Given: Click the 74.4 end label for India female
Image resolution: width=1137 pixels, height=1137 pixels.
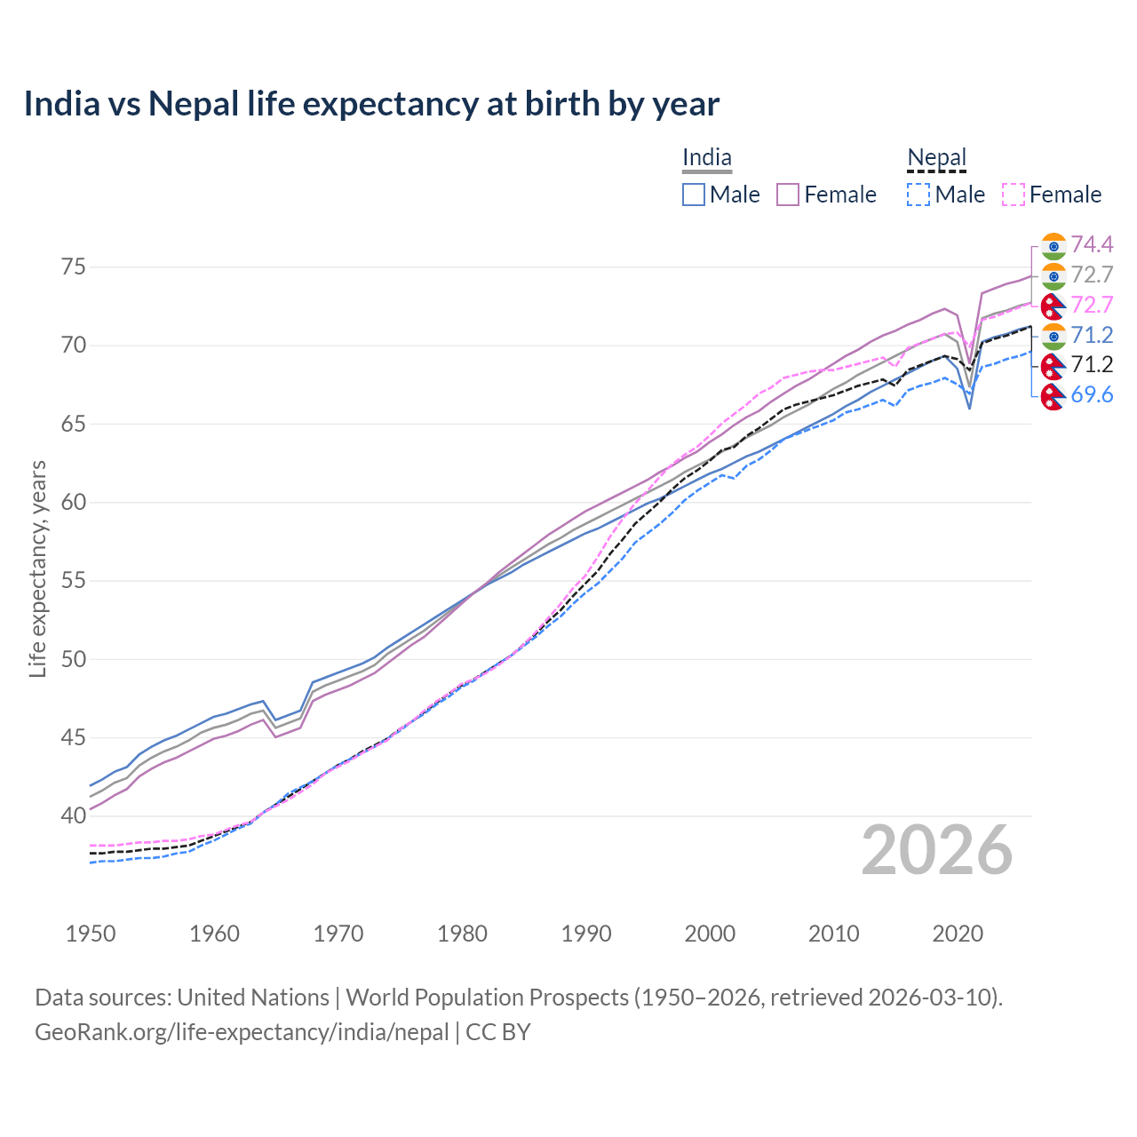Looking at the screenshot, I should click(x=1092, y=244).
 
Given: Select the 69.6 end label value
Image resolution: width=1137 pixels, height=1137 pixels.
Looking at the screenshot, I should click(x=1092, y=395).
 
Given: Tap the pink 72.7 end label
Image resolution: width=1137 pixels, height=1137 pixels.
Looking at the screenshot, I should click(x=1092, y=305).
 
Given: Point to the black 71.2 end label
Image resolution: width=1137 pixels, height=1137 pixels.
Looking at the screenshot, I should click(x=1092, y=364).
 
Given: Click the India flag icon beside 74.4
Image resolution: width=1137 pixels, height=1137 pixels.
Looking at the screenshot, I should click(x=1054, y=245).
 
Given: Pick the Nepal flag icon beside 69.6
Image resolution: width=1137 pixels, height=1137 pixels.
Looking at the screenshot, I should click(x=1054, y=396).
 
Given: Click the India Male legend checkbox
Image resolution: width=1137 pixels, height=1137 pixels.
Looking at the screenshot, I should click(x=694, y=195).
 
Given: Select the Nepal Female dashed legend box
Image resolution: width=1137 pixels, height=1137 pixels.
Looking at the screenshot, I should click(x=1014, y=195).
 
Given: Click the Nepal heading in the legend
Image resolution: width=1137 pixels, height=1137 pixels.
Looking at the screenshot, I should click(x=936, y=158).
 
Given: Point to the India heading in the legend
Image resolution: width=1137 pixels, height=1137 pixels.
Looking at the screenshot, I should click(x=707, y=158).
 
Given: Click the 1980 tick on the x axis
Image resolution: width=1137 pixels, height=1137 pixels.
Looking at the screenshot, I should click(x=463, y=934).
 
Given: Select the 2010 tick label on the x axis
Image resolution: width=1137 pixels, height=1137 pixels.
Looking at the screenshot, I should click(x=833, y=934).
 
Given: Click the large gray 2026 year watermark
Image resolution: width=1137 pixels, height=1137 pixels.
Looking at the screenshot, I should click(x=937, y=851).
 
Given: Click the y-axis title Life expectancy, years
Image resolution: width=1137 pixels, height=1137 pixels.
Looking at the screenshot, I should click(x=37, y=568).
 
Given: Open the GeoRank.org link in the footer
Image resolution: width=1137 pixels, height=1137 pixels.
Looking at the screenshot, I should click(x=242, y=1032).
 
